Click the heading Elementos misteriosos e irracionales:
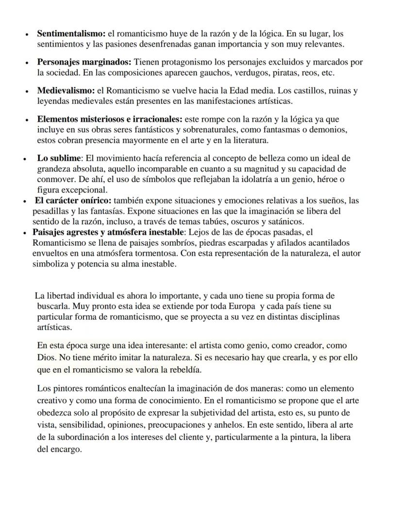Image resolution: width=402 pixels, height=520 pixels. pos(109,119)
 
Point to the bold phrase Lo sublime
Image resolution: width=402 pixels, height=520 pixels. pos(58,158)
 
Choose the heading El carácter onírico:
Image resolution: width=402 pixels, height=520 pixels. pos(73,201)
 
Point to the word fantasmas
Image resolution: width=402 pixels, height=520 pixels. pos(299,130)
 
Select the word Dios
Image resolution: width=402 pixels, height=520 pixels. pos(46,357)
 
